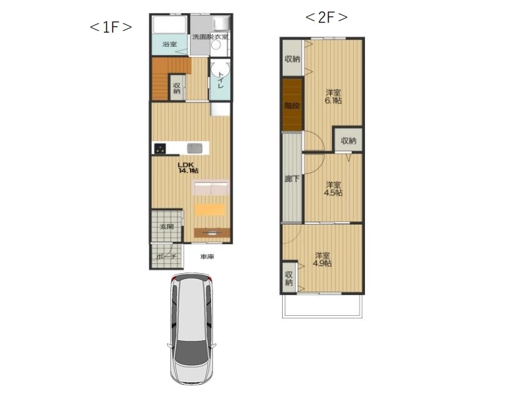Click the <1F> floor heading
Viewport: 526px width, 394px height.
(110, 27)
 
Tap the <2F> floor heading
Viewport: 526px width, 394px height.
(326, 18)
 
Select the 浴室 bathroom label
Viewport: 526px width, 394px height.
(170, 44)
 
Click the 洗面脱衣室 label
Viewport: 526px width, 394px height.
(210, 36)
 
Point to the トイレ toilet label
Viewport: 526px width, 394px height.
(220, 80)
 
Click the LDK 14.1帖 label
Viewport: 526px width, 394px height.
(188, 167)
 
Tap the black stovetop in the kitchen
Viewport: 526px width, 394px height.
(160, 148)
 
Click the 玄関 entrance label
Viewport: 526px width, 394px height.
(167, 227)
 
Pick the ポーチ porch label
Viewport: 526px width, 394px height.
(166, 257)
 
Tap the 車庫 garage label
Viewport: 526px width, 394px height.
(207, 257)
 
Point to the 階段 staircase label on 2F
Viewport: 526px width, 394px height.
(292, 106)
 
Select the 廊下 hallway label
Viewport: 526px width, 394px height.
(292, 179)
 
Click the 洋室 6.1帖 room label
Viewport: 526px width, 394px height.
(333, 97)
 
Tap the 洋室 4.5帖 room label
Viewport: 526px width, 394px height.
(333, 189)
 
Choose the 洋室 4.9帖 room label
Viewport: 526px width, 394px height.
(322, 259)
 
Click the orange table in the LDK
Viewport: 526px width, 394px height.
(209, 209)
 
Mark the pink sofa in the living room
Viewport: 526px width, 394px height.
(210, 188)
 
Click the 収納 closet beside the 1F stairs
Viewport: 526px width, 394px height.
(177, 87)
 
